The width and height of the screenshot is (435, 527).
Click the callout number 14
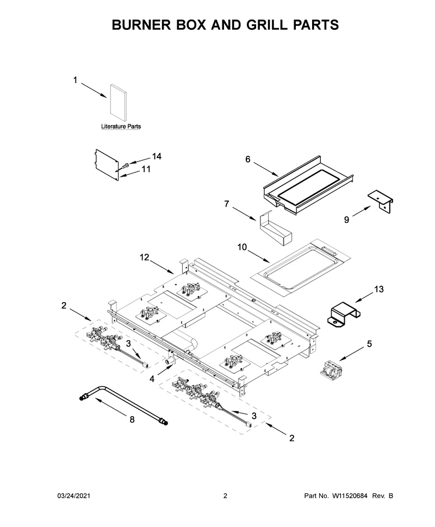[x=157, y=156]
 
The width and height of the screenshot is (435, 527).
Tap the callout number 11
[x=146, y=169]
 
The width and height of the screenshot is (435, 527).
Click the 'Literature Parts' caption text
[x=121, y=127]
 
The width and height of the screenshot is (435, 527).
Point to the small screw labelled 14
[x=126, y=165]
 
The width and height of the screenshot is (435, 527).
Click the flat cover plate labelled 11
[x=107, y=165]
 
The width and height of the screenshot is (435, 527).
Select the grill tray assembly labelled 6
[x=308, y=185]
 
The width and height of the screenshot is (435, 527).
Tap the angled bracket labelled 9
[x=381, y=201]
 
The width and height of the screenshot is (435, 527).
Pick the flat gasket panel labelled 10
[x=300, y=268]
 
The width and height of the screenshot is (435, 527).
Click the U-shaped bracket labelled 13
[x=344, y=313]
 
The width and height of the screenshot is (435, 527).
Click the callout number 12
[x=144, y=258]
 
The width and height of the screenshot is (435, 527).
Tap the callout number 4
[x=152, y=379]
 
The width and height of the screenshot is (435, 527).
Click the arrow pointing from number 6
[x=266, y=170]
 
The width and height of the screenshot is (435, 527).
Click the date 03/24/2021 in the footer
[x=74, y=495]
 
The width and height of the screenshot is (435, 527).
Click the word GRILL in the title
[x=263, y=25]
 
